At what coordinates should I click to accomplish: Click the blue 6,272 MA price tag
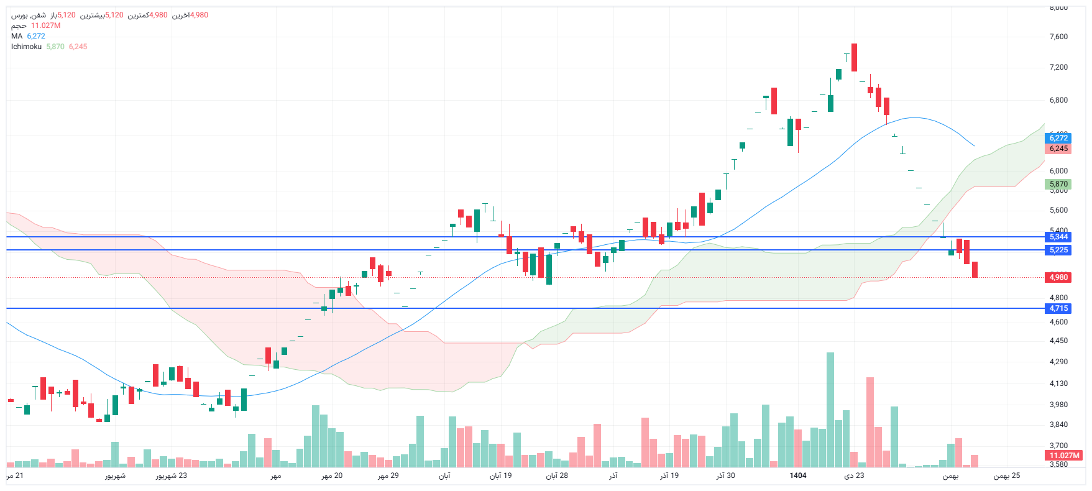click(1058, 138)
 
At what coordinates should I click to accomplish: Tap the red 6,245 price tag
click(1058, 149)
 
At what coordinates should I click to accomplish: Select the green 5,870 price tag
click(1058, 184)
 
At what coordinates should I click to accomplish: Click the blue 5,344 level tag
click(1058, 237)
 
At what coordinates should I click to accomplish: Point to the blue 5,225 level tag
click(1058, 250)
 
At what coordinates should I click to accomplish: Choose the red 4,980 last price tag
click(1058, 277)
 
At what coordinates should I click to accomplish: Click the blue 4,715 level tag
click(1058, 308)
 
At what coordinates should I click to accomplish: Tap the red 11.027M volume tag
click(1064, 456)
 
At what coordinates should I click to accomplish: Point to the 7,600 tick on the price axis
click(1058, 37)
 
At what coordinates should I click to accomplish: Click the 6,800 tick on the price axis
click(1058, 100)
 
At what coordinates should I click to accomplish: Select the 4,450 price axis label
click(1058, 341)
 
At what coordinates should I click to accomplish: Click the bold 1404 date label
click(798, 475)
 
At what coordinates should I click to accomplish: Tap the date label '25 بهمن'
click(1006, 475)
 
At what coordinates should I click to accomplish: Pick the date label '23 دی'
click(854, 475)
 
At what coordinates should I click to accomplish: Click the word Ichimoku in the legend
click(26, 47)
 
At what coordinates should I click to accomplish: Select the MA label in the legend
click(17, 36)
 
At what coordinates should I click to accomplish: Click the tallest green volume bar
click(830, 410)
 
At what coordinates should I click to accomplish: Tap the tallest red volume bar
click(870, 423)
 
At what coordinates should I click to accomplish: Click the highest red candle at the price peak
click(855, 57)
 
